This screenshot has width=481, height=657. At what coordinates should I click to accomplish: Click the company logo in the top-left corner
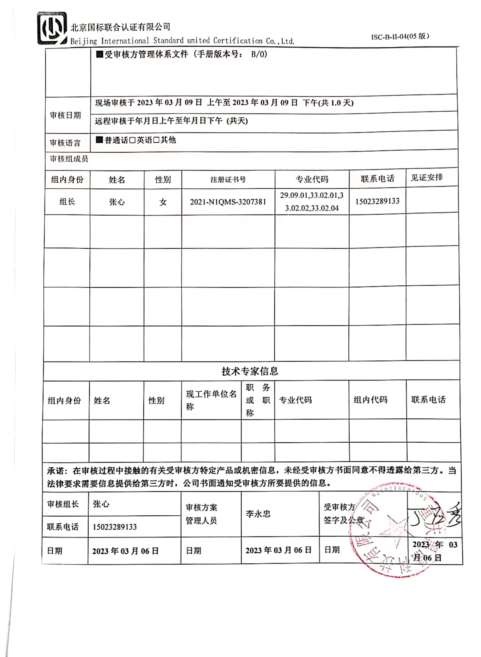click(52, 28)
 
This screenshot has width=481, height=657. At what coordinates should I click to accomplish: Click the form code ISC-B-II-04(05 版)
click(400, 37)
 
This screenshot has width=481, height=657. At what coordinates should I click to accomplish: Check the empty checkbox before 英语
click(132, 140)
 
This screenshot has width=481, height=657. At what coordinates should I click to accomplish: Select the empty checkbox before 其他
click(156, 140)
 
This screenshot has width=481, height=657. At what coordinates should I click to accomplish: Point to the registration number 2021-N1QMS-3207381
click(228, 202)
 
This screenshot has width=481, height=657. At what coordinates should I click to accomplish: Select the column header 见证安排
click(427, 178)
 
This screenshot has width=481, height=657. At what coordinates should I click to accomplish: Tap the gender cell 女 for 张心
click(163, 202)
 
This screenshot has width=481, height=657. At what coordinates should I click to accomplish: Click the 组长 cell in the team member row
click(67, 202)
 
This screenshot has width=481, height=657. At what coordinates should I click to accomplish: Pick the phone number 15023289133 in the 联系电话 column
click(377, 201)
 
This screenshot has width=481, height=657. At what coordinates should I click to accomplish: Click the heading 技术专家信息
click(250, 371)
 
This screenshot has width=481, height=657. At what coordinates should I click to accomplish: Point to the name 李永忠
click(258, 514)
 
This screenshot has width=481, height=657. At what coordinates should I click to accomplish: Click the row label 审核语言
click(65, 143)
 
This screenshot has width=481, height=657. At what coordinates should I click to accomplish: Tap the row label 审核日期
click(65, 115)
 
